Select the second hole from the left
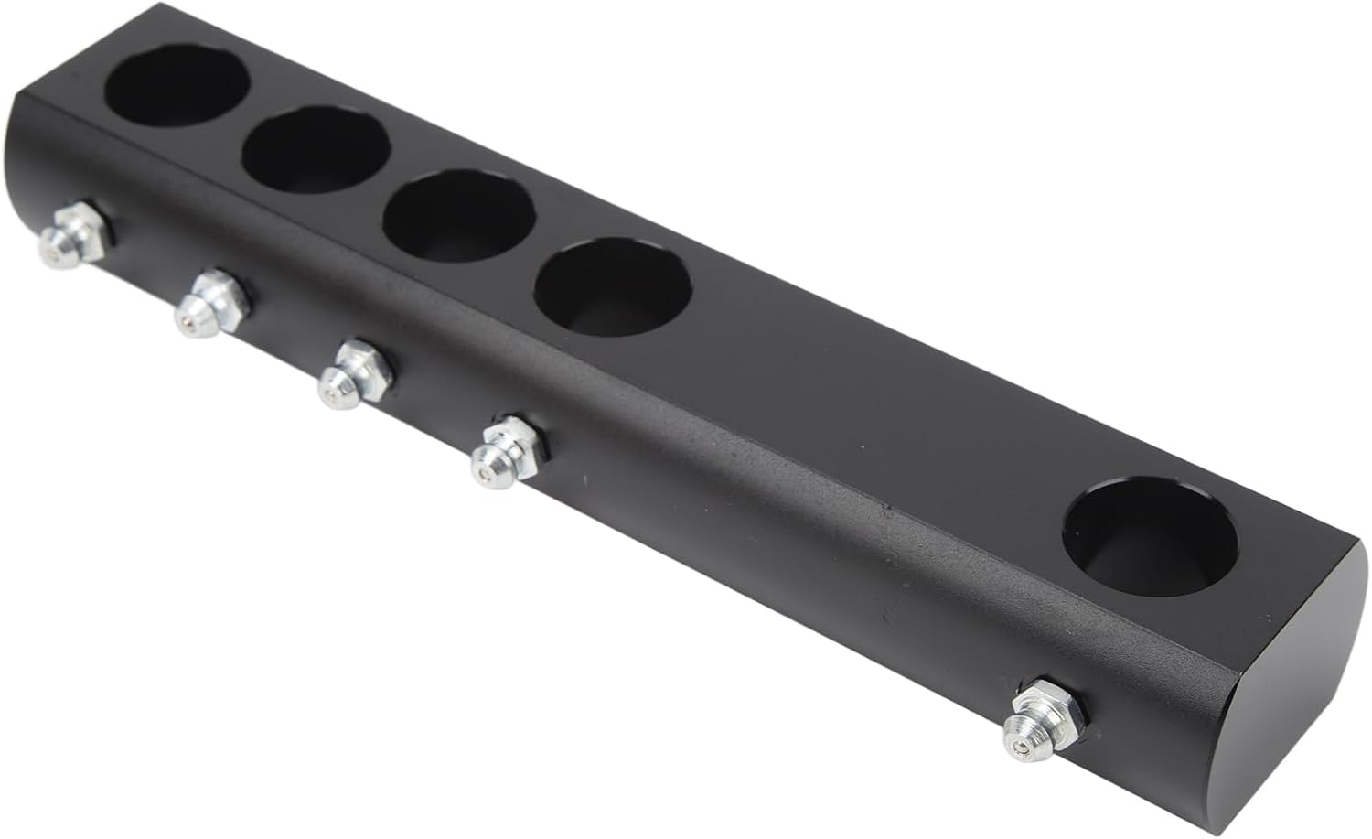(316, 151)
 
